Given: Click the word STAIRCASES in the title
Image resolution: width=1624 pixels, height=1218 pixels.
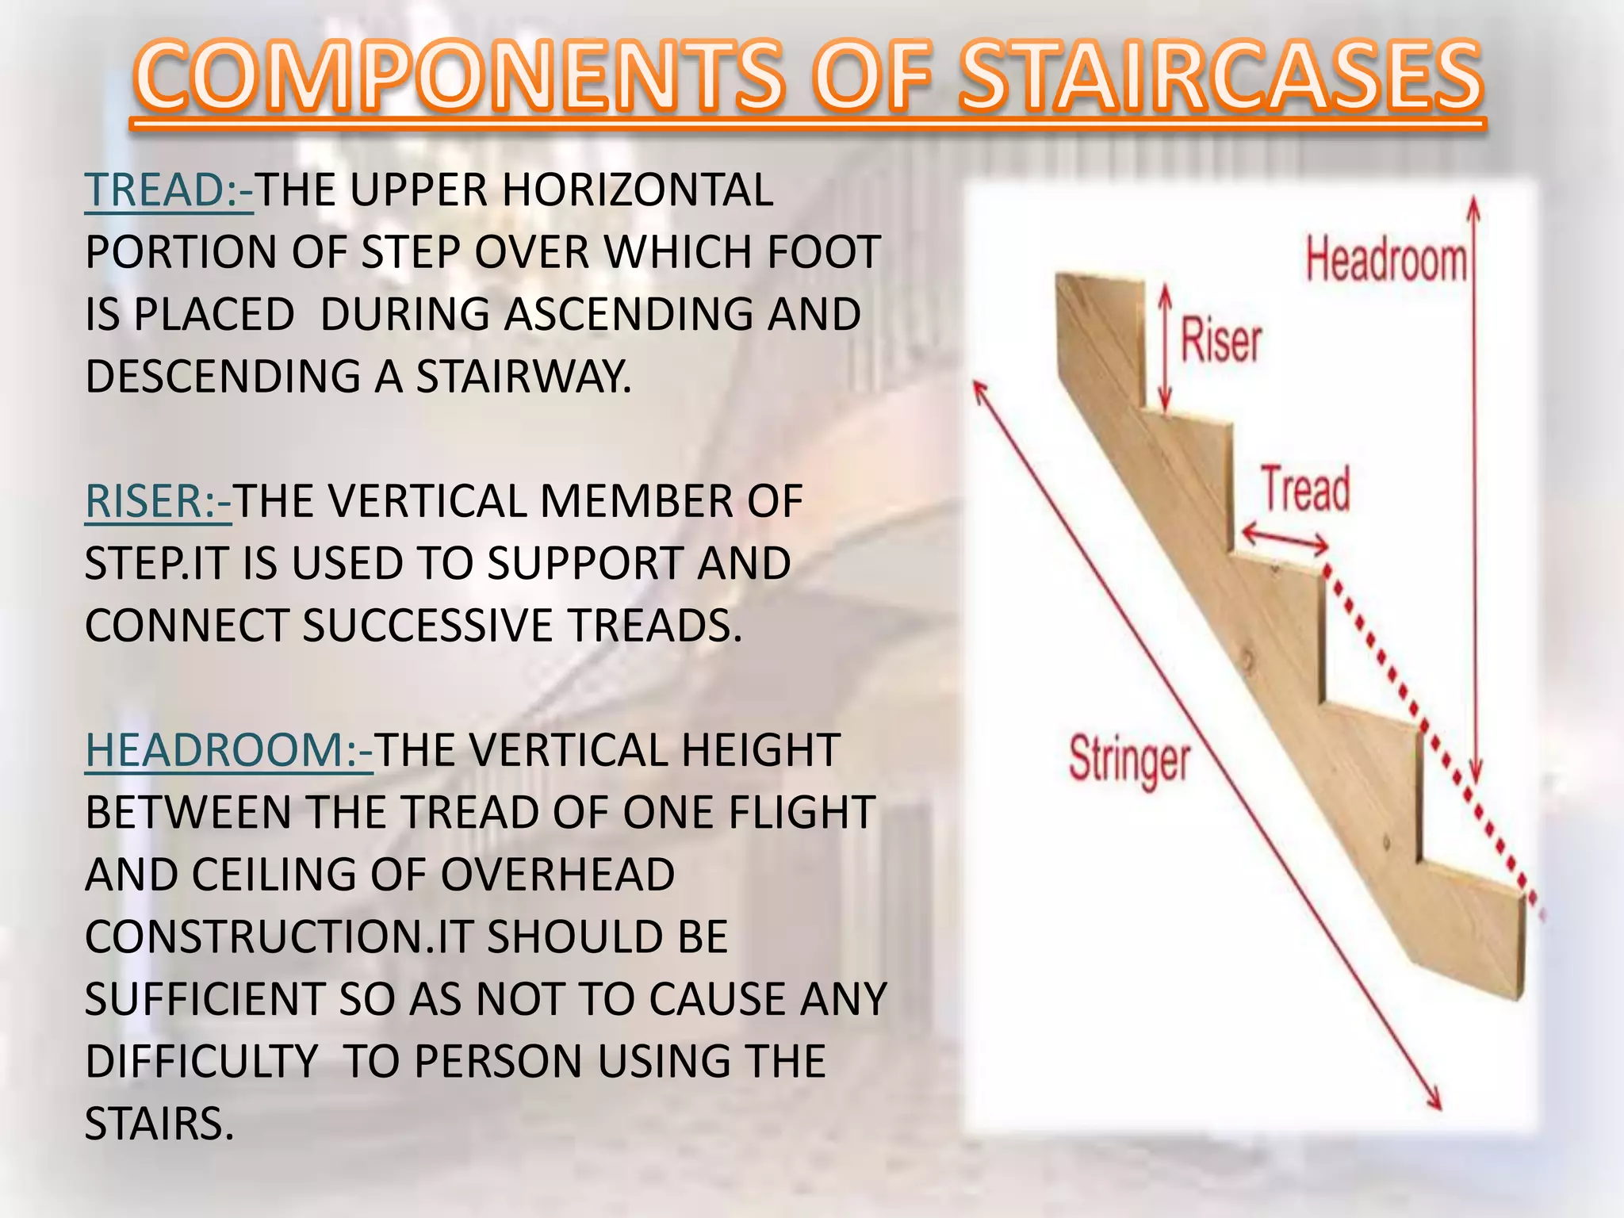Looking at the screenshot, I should coord(1220,77).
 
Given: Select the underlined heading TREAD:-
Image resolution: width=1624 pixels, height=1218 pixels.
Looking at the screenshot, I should coord(169,190).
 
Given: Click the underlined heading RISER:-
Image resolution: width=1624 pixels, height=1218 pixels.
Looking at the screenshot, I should coord(158,502).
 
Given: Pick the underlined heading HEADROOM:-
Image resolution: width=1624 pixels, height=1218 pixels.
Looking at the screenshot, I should coord(228,750).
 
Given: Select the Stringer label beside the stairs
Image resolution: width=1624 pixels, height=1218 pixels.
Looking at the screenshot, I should coord(1129,760).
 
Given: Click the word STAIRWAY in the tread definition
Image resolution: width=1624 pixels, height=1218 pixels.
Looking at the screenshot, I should coord(524,377).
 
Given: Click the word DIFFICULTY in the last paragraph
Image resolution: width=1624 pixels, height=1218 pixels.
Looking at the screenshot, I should coord(201,1062).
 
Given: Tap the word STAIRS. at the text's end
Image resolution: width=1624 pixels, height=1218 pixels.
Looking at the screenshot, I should coord(159,1124).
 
